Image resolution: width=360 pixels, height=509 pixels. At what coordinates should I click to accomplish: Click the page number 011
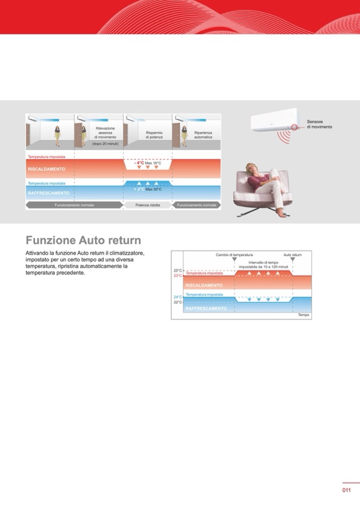346,490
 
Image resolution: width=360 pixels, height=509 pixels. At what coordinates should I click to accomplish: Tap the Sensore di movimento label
319,125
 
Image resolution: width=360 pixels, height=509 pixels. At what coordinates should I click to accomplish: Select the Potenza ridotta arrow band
147,205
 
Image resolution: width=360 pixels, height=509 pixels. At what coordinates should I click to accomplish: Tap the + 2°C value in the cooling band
140,188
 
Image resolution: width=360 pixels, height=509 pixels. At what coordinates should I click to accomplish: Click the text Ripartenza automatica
203,134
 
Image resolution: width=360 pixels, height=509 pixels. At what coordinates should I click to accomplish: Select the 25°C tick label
177,271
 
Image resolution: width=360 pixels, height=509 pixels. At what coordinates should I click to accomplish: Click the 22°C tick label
177,302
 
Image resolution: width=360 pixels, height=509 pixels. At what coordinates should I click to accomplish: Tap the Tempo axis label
303,315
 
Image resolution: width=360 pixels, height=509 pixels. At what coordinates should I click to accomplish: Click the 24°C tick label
177,297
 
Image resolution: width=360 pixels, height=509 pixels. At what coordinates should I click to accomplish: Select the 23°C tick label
177,276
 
